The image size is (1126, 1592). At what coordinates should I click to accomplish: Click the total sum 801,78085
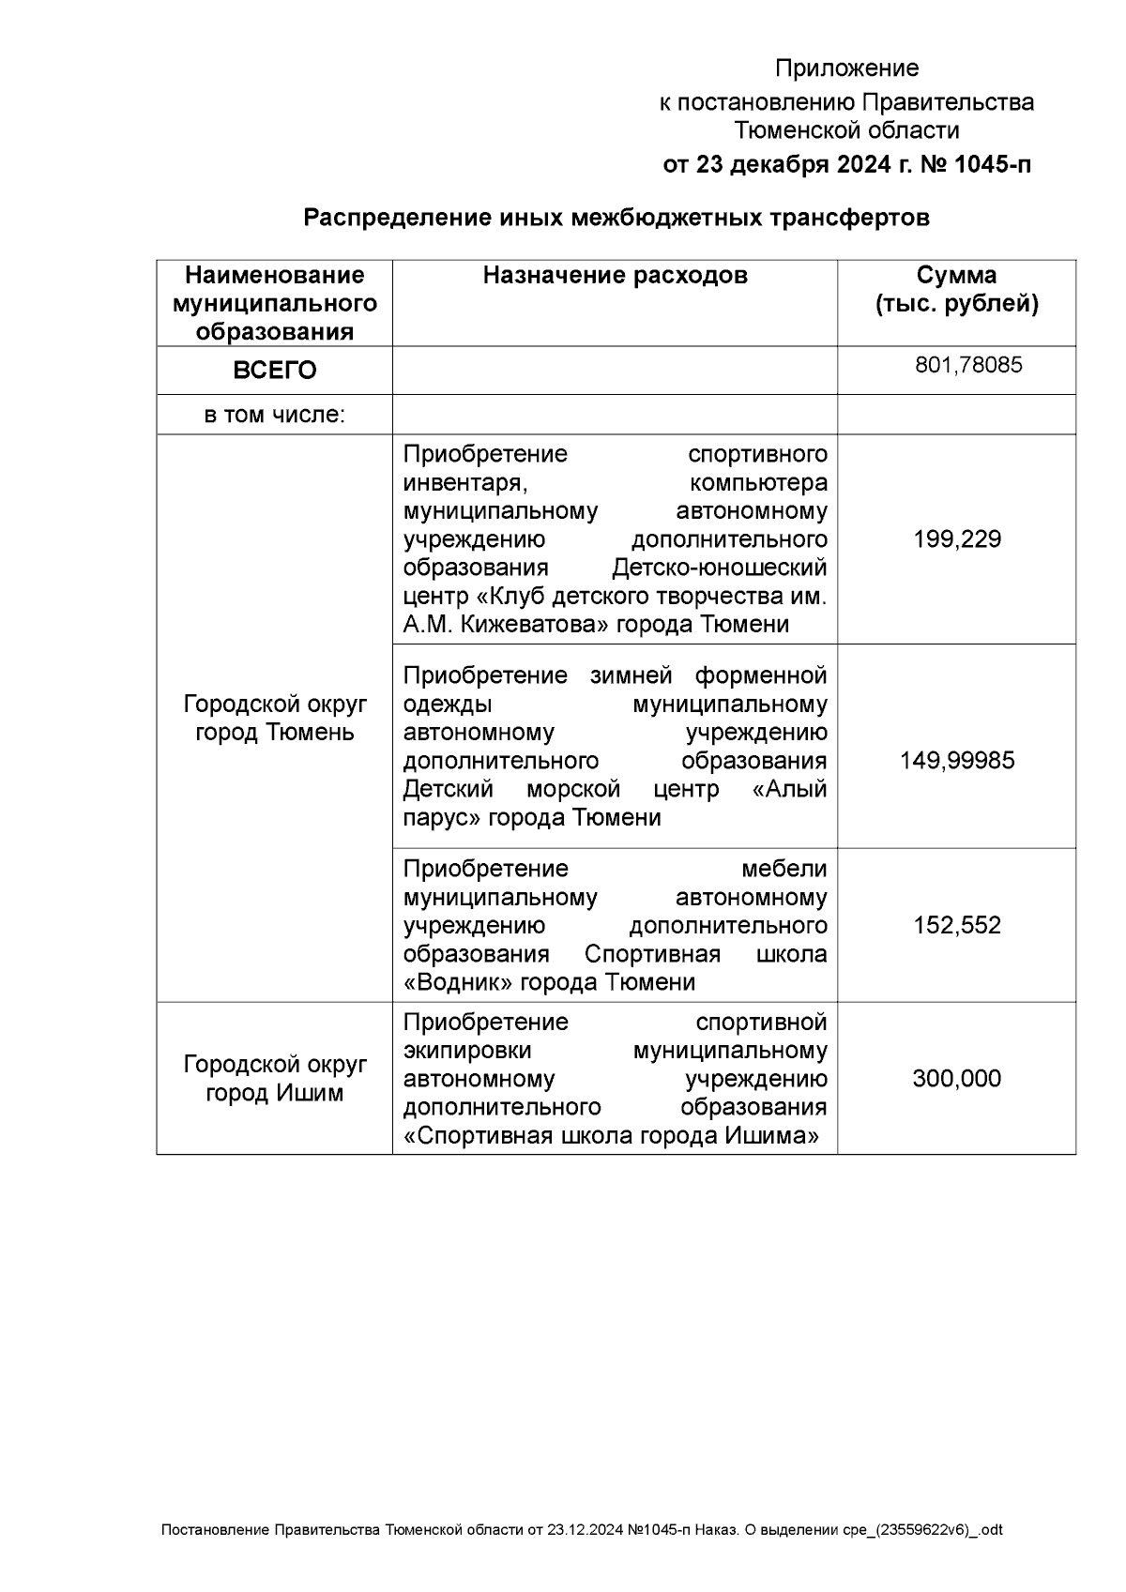tap(968, 365)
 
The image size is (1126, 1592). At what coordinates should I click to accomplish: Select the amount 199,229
tap(957, 539)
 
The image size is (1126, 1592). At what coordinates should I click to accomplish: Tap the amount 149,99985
tap(957, 760)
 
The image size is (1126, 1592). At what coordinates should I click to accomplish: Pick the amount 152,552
tap(957, 926)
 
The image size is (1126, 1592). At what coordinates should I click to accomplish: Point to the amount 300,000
tap(957, 1079)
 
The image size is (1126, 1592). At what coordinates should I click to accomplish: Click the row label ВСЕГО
tap(274, 371)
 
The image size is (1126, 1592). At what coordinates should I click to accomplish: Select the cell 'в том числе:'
tap(274, 415)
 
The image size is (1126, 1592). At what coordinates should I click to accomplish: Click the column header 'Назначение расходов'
tap(615, 275)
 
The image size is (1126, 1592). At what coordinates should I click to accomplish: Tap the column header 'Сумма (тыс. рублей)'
tap(956, 289)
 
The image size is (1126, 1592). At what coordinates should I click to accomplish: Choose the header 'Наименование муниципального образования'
tap(274, 303)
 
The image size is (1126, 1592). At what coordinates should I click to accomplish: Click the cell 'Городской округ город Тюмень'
tap(274, 718)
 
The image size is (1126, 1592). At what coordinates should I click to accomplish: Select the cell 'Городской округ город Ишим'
tap(274, 1079)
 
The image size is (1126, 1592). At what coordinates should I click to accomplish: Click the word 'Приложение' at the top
tap(846, 68)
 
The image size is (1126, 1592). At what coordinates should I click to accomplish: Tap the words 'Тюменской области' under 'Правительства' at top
tap(846, 131)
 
